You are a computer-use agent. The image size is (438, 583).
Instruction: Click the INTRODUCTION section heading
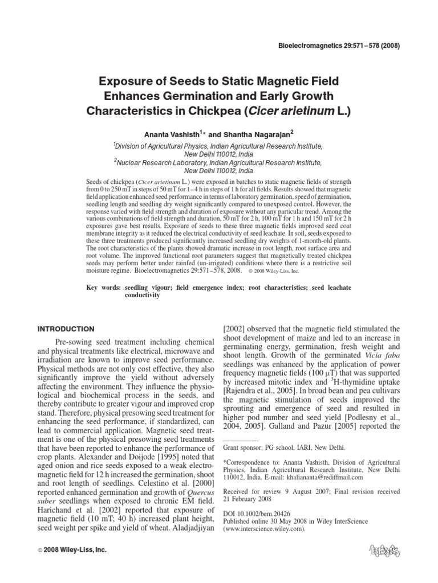click(66, 329)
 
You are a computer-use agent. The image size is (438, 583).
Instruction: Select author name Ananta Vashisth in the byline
click(172, 134)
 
